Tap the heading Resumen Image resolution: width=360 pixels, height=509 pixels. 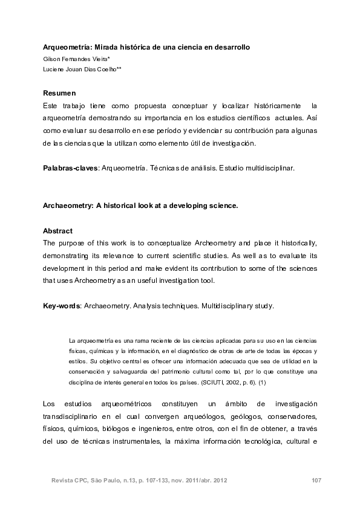click(59, 93)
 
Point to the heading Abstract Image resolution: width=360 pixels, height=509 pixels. click(57, 231)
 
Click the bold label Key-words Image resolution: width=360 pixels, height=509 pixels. click(61, 306)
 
